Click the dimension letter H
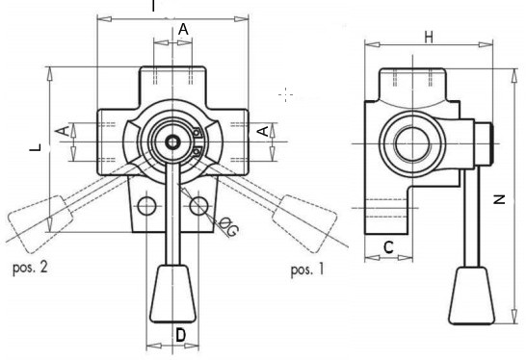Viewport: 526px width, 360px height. tap(429, 38)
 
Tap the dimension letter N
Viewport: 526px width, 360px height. tap(500, 199)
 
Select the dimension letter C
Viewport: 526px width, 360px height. tap(388, 247)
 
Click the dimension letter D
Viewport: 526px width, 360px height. tap(180, 335)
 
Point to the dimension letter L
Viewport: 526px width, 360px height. tap(36, 147)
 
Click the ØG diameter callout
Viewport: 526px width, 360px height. tap(228, 227)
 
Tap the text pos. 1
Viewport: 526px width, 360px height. tap(307, 270)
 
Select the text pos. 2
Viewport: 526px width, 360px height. tap(30, 268)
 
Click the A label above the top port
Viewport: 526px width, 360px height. tap(183, 30)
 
